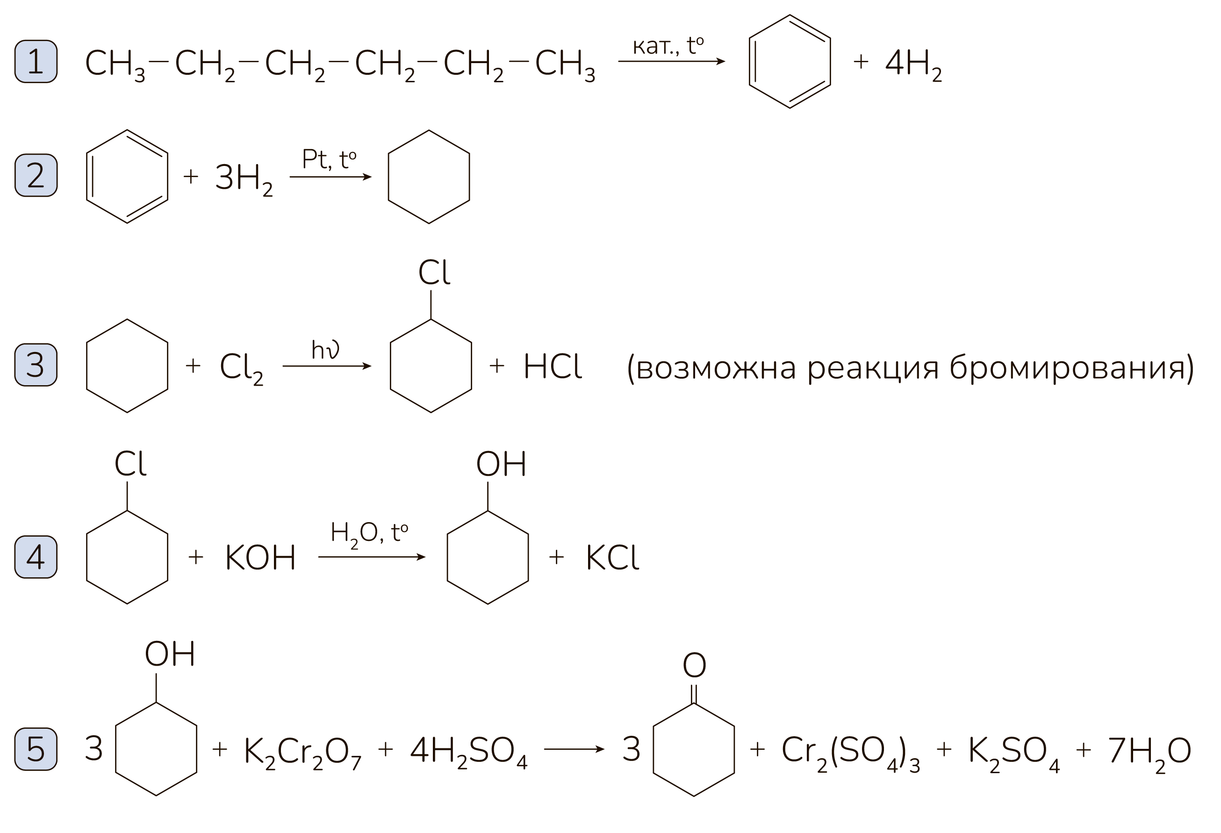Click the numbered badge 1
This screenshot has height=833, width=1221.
36,61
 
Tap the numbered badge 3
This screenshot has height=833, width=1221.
36,365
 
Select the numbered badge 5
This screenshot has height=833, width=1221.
36,749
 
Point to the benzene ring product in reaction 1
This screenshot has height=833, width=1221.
749,61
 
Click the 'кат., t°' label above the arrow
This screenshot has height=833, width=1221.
668,46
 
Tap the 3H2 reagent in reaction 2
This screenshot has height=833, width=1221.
244,180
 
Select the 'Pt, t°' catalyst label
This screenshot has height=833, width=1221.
329,160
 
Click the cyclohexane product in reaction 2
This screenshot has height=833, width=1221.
388,177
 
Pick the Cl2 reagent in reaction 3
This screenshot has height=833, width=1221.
241,369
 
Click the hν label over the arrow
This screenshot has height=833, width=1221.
325,350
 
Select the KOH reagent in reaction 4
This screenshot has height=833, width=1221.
260,557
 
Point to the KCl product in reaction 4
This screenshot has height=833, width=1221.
612,557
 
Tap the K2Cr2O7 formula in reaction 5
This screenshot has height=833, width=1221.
302,753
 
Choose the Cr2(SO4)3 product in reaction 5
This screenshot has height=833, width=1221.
851,753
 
